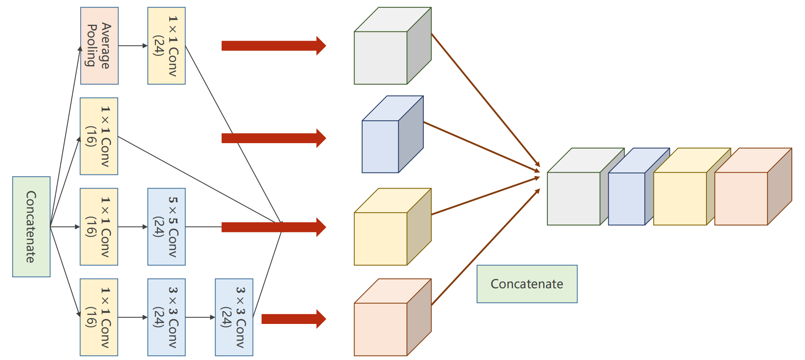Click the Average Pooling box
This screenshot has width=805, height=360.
pyautogui.click(x=99, y=46)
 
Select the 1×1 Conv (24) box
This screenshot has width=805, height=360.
pyautogui.click(x=167, y=46)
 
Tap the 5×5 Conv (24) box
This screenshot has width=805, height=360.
pyautogui.click(x=167, y=227)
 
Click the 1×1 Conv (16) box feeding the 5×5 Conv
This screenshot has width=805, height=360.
pyautogui.click(x=99, y=227)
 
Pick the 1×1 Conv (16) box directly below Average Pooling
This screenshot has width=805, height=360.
pyautogui.click(x=99, y=136)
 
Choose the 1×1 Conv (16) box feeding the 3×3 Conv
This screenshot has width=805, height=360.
pyautogui.click(x=99, y=317)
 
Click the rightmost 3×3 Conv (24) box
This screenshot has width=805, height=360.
pyautogui.click(x=234, y=317)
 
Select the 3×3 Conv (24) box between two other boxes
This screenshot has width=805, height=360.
pyautogui.click(x=167, y=317)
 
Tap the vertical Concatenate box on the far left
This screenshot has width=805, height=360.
pyautogui.click(x=31, y=227)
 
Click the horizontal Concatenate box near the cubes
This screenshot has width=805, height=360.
pyautogui.click(x=527, y=284)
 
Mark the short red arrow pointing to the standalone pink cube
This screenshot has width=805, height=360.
pyautogui.click(x=293, y=319)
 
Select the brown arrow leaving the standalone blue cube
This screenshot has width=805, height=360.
pyautogui.click(x=481, y=147)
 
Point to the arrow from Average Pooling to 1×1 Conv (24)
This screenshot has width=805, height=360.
pyautogui.click(x=133, y=46)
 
